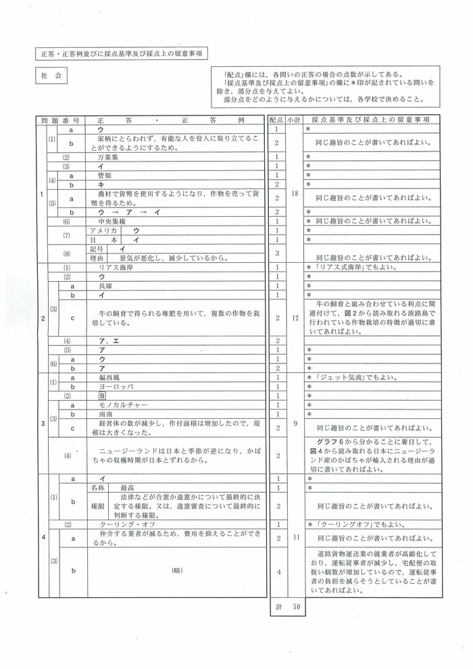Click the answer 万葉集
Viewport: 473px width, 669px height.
click(x=109, y=155)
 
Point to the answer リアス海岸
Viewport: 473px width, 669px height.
click(x=113, y=268)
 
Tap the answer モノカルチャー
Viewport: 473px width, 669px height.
click(x=118, y=403)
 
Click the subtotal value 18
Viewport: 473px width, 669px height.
click(x=292, y=193)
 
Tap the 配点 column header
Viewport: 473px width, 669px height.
click(x=276, y=119)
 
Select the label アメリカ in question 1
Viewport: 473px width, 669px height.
click(x=102, y=230)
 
